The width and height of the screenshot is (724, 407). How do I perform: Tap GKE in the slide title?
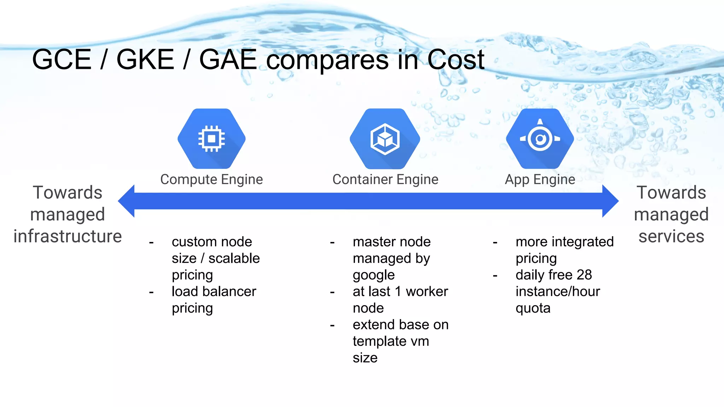click(145, 59)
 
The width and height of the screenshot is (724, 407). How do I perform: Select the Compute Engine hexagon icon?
click(211, 138)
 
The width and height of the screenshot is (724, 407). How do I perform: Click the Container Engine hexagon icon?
click(385, 138)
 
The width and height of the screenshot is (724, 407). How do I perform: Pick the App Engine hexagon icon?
click(540, 138)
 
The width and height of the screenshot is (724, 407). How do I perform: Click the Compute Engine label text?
click(211, 179)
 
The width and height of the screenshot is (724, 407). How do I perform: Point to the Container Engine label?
click(385, 179)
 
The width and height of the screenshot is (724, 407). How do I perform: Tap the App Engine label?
click(540, 179)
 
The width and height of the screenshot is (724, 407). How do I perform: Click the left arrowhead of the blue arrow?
click(127, 201)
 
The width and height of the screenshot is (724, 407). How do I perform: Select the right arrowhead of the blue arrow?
click(610, 201)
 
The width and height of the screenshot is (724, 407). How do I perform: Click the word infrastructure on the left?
click(68, 236)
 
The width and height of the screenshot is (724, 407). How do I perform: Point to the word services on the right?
click(671, 236)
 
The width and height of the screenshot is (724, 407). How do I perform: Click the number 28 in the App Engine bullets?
click(584, 275)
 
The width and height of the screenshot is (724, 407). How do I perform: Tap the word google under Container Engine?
click(374, 275)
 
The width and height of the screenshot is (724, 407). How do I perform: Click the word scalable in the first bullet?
click(234, 258)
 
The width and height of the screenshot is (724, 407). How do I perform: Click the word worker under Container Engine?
click(427, 291)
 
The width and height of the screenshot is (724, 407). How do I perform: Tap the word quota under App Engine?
click(533, 308)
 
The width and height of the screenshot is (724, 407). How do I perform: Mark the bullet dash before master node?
click(332, 242)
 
